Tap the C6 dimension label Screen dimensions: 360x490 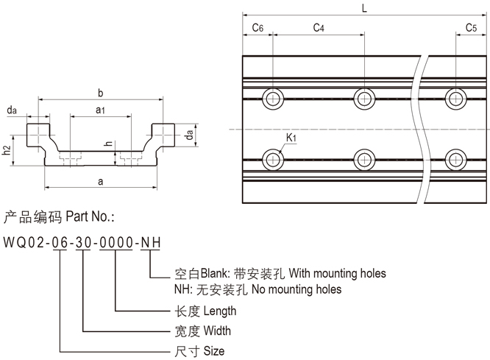[258, 27]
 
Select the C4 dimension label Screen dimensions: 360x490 [319, 27]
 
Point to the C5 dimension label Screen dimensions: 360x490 [471, 27]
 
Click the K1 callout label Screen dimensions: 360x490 [291, 138]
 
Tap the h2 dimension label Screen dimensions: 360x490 [7, 150]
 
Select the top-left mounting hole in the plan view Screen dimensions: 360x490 [274, 99]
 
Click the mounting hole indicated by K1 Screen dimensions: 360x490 [274, 158]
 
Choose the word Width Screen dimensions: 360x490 [217, 331]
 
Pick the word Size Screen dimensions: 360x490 [213, 351]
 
